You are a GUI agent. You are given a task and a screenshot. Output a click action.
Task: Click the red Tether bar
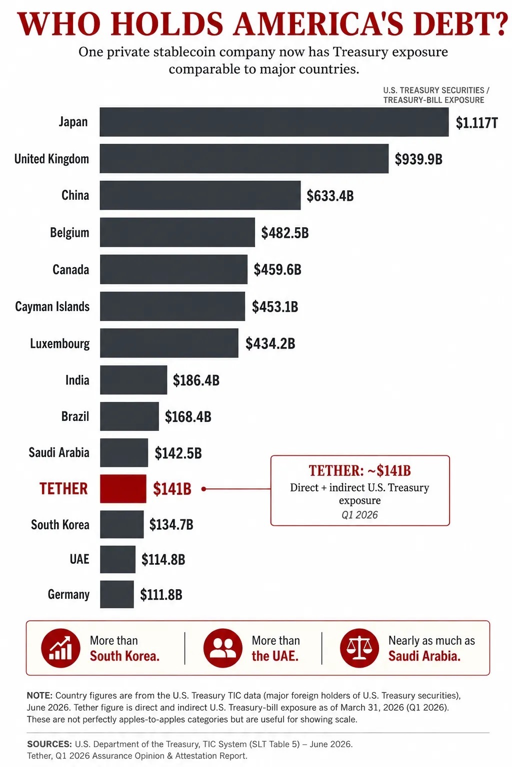pyautogui.click(x=123, y=489)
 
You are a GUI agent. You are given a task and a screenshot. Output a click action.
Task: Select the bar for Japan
pyautogui.click(x=274, y=122)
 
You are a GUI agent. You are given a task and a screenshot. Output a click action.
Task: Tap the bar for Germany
pyautogui.click(x=117, y=594)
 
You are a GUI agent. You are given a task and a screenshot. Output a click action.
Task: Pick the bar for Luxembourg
pyautogui.click(x=169, y=343)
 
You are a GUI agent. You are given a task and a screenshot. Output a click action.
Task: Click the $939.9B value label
pyautogui.click(x=418, y=159)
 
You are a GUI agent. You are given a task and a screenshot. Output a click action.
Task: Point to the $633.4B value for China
pyautogui.click(x=330, y=196)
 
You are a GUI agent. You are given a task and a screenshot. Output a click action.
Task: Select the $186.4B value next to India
pyautogui.click(x=196, y=381)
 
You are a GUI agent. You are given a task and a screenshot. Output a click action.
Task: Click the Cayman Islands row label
pyautogui.click(x=52, y=307)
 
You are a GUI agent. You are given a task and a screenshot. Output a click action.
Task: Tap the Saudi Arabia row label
pyautogui.click(x=59, y=452)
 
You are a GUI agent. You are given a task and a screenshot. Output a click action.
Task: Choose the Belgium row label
pyautogui.click(x=69, y=233)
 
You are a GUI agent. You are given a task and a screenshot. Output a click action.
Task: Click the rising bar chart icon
pyautogui.click(x=60, y=648)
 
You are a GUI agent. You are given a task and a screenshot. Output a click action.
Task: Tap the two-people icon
pyautogui.click(x=223, y=648)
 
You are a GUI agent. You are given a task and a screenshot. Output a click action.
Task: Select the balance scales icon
pyautogui.click(x=359, y=648)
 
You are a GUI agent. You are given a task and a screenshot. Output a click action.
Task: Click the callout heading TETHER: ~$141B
pyautogui.click(x=359, y=471)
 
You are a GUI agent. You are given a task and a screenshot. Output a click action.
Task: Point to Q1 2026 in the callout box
pyautogui.click(x=359, y=515)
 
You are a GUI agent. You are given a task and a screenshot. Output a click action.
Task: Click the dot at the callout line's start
pyautogui.click(x=203, y=489)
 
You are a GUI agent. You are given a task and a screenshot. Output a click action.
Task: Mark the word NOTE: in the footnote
pyautogui.click(x=39, y=696)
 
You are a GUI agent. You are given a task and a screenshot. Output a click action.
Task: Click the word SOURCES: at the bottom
pyautogui.click(x=49, y=744)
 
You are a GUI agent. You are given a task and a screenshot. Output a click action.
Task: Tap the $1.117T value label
pyautogui.click(x=476, y=122)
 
